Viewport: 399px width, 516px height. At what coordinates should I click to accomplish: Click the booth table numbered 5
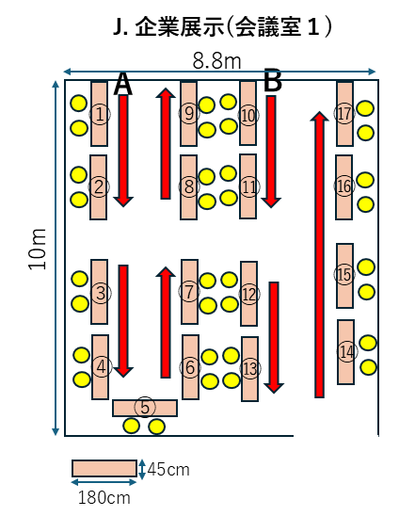click(x=145, y=408)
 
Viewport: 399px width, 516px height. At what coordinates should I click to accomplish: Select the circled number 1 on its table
click(x=100, y=114)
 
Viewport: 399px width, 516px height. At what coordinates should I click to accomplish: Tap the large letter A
click(x=123, y=84)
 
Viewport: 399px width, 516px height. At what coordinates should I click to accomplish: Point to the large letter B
click(x=273, y=80)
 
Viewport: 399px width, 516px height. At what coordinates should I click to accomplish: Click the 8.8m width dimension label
click(x=216, y=61)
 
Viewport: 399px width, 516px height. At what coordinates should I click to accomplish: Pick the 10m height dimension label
click(x=37, y=249)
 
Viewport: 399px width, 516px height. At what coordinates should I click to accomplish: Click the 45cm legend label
click(x=168, y=469)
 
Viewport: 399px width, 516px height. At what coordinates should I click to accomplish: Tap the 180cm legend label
click(x=104, y=497)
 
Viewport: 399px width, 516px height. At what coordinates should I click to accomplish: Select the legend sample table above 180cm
click(x=104, y=468)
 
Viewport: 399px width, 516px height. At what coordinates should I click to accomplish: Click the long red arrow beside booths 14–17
click(x=319, y=255)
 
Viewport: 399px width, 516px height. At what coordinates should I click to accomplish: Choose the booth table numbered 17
click(x=344, y=114)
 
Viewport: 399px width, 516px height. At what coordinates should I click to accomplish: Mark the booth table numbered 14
click(x=346, y=352)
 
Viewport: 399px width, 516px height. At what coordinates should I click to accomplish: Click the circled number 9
click(x=189, y=114)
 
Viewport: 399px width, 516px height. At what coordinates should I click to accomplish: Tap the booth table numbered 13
click(x=250, y=369)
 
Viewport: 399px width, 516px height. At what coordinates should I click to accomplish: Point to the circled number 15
click(x=344, y=274)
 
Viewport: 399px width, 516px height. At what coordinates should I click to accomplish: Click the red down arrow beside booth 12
click(x=274, y=337)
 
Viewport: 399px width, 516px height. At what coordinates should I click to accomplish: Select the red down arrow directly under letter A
click(x=123, y=151)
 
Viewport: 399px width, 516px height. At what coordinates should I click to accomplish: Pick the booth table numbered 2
click(x=99, y=187)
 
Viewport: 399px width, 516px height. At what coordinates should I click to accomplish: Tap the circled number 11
click(x=249, y=186)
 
